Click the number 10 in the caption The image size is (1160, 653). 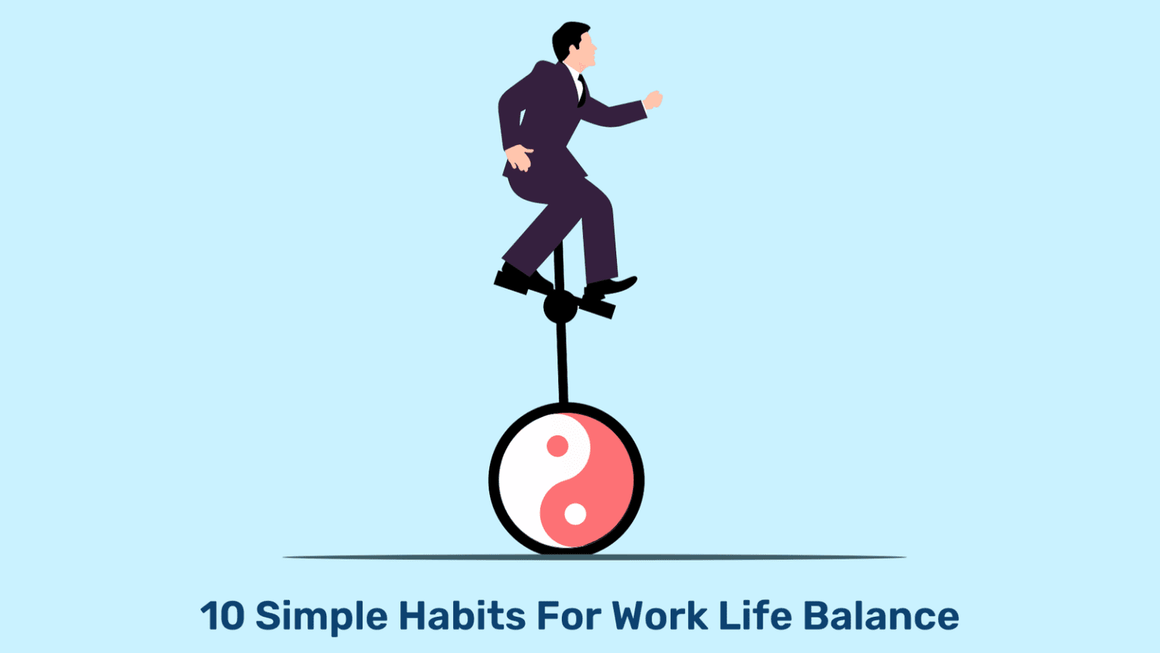click(222, 616)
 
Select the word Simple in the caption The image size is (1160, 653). click(321, 617)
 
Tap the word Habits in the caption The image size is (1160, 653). click(461, 616)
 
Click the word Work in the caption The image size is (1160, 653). click(659, 616)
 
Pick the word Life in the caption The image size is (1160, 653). click(754, 616)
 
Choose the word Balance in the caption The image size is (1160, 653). click(881, 616)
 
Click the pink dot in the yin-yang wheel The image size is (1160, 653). click(557, 446)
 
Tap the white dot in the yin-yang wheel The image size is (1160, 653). click(575, 514)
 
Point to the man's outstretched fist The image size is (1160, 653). click(652, 100)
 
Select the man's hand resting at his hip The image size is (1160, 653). click(518, 159)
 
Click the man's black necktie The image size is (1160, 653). click(582, 90)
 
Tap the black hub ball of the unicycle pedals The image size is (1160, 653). click(560, 307)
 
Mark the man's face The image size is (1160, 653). click(586, 51)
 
